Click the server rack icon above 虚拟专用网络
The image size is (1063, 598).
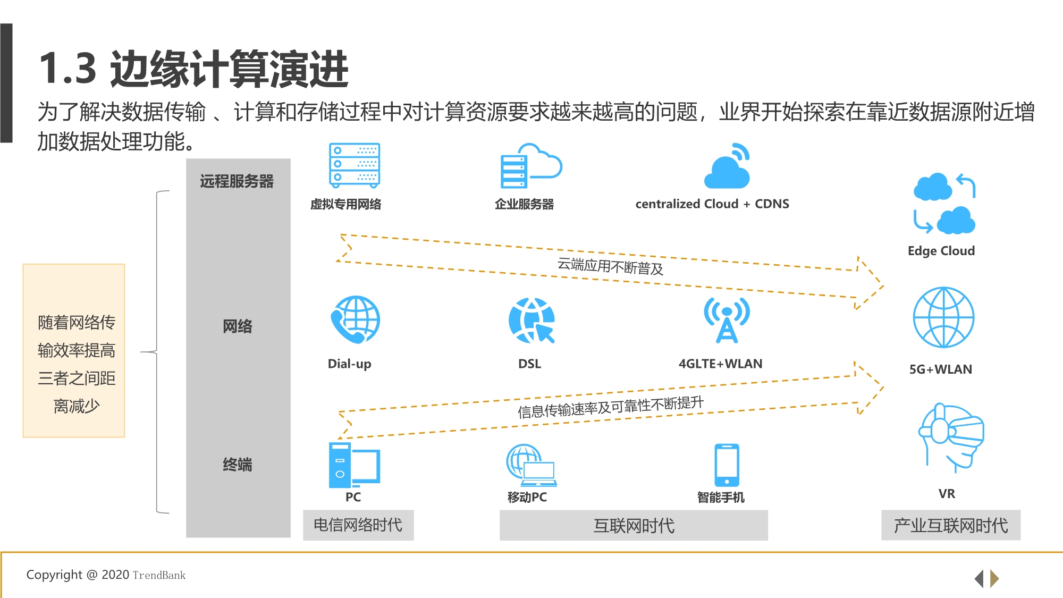click(354, 165)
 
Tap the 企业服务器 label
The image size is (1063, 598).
click(524, 204)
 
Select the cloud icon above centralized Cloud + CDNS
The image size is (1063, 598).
click(727, 167)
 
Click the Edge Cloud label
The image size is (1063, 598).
click(941, 251)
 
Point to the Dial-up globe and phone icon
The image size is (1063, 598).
click(355, 320)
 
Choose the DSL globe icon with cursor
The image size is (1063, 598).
click(531, 321)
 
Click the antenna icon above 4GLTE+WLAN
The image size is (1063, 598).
click(727, 320)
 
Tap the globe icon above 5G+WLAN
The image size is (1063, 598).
click(943, 317)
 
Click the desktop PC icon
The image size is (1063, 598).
click(353, 465)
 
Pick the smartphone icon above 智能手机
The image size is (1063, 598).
click(727, 465)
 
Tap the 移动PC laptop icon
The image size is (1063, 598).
click(531, 466)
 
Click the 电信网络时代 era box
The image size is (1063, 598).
click(358, 525)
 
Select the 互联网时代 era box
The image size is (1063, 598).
click(634, 526)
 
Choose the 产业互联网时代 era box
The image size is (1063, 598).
click(950, 526)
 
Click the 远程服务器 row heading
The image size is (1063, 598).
click(237, 182)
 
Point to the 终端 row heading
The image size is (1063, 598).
click(238, 465)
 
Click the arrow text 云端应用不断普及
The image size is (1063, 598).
click(610, 266)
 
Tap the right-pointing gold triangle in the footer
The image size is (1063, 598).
click(995, 578)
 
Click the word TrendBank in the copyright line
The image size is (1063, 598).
click(159, 575)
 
